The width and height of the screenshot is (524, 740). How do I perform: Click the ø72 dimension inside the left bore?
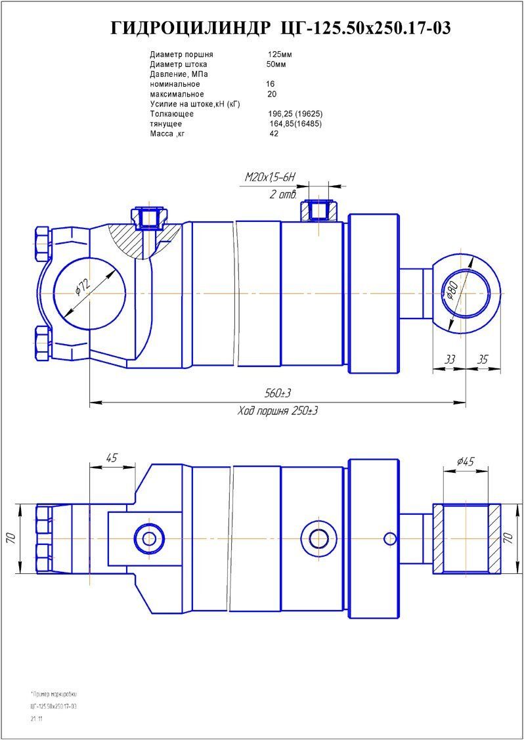83,286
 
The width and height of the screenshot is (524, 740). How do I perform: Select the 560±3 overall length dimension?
278,393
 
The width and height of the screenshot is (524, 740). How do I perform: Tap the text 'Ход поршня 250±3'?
278,410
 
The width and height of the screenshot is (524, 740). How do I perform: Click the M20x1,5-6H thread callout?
271,177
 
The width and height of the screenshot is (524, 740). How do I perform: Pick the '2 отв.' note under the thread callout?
283,194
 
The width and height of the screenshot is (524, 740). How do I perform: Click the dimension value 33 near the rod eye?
450,360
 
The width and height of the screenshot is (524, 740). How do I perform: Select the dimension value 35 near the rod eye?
483,360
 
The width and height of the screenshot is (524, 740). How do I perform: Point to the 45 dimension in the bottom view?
112,458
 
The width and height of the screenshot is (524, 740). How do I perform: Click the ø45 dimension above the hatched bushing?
466,462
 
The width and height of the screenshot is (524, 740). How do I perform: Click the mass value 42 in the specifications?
274,134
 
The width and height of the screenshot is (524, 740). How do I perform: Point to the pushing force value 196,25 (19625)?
291,114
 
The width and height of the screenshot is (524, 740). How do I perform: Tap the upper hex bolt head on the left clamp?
41,244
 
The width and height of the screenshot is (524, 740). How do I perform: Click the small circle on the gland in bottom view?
390,539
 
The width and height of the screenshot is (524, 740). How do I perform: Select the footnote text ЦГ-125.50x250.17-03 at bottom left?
54,706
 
